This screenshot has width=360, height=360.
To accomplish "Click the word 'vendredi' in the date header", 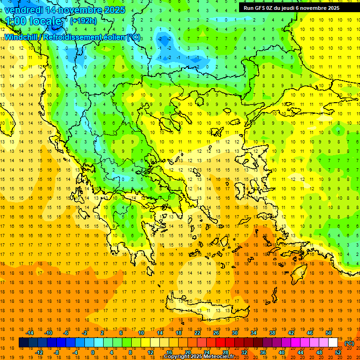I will pos(23,10).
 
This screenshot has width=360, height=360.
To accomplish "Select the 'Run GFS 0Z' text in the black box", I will pos(260,7).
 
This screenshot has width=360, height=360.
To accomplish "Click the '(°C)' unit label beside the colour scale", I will pos(349,343).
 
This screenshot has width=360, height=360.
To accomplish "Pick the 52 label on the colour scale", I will pos(338,352).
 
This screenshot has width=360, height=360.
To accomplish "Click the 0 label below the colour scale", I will pos(93,352).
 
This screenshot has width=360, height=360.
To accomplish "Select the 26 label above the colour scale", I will pos(216,333).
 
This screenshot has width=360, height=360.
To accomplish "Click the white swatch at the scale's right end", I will pos(333,343).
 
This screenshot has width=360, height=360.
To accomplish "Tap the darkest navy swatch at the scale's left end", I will pos(24,343).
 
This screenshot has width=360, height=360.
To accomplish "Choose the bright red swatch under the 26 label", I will pos(220,343).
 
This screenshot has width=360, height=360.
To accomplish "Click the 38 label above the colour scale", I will pos(272,333).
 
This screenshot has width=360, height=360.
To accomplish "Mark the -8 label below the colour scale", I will pos(56,352).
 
